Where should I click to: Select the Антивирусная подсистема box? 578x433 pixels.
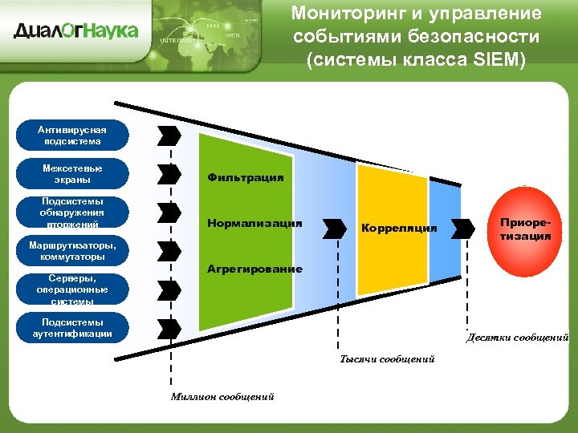click(x=73, y=135)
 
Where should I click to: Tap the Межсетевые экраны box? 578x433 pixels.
click(x=73, y=174)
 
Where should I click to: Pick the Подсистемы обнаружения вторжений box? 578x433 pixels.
click(x=73, y=213)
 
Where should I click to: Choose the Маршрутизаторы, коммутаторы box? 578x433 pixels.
click(x=73, y=251)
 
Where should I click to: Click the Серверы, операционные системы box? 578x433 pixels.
click(x=73, y=290)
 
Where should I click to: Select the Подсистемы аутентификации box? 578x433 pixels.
click(x=73, y=328)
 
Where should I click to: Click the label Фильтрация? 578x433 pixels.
click(x=245, y=177)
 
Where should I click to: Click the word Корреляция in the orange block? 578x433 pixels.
click(x=399, y=229)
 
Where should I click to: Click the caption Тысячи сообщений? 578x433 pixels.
click(x=387, y=358)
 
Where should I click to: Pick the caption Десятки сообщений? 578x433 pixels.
click(x=518, y=338)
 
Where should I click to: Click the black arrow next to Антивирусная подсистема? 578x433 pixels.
click(x=169, y=134)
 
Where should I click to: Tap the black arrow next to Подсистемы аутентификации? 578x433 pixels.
click(x=169, y=328)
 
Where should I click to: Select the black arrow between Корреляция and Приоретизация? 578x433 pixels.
click(x=462, y=228)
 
